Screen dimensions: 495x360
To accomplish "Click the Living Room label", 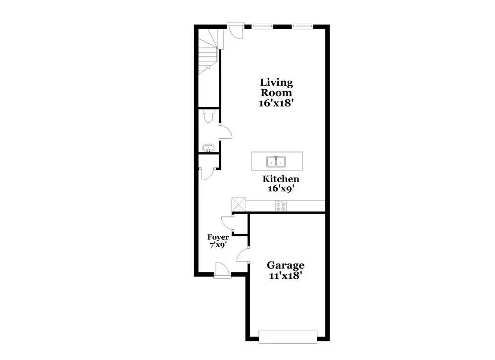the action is (x=276, y=88).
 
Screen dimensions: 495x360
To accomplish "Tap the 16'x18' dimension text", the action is (x=277, y=103).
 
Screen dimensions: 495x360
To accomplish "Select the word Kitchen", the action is (x=281, y=179).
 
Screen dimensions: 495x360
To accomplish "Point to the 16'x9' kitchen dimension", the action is (x=281, y=189).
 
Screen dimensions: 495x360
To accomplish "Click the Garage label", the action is (x=286, y=265).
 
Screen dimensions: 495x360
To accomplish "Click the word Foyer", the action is (x=218, y=237).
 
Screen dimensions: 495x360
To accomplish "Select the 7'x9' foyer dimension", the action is (x=218, y=245).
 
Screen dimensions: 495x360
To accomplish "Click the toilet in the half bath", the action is (x=209, y=116).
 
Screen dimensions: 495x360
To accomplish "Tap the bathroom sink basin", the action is (x=208, y=148).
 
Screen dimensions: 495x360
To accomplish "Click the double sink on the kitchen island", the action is (x=276, y=162).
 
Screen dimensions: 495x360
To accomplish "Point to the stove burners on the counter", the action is (x=281, y=206).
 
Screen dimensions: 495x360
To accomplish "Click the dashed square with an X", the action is (x=239, y=204).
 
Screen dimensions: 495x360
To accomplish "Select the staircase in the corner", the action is (x=208, y=52).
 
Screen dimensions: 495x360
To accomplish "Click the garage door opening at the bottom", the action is (x=288, y=336).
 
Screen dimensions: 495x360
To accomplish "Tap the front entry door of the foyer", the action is (x=222, y=270).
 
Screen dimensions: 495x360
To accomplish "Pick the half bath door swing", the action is (x=225, y=131).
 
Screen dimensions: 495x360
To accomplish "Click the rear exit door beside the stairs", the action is (x=235, y=30).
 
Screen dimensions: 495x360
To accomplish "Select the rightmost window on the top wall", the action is (x=302, y=26).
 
